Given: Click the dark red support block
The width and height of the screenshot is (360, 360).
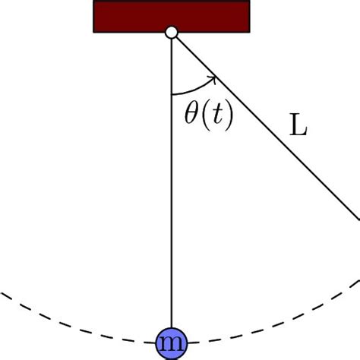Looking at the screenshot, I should pyautogui.click(x=172, y=15).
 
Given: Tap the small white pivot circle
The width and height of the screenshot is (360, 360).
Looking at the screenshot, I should pyautogui.click(x=172, y=32).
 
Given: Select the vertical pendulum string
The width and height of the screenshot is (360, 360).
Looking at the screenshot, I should pyautogui.click(x=172, y=190).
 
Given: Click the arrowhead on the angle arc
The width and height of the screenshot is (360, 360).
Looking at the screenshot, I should pyautogui.click(x=216, y=77).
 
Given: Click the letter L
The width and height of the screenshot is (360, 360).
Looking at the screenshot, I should pyautogui.click(x=298, y=126).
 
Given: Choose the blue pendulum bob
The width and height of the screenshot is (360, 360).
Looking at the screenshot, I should pyautogui.click(x=172, y=345).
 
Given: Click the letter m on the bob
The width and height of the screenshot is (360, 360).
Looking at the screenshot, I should pyautogui.click(x=172, y=346).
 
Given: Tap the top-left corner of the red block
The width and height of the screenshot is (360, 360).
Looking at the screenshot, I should pyautogui.click(x=94, y=2).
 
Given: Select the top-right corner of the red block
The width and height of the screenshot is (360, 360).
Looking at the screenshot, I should pyautogui.click(x=250, y=2).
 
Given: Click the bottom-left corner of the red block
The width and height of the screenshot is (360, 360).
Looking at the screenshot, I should pyautogui.click(x=94, y=31).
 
